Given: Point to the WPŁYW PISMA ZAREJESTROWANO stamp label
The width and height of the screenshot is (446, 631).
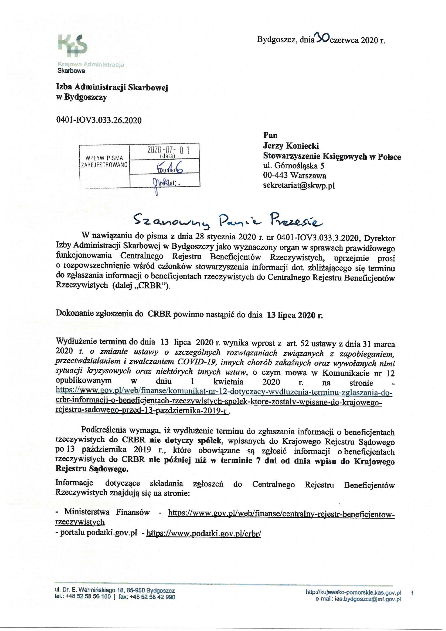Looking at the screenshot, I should click(104, 161).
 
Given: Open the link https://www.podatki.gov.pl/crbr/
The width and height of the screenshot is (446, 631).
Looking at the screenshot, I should click(204, 534).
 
